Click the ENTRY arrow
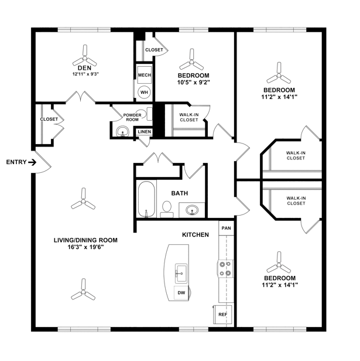(x=32, y=162)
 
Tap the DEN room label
(x=84, y=68)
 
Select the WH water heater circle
(x=144, y=93)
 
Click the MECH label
(x=145, y=75)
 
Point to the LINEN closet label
(x=145, y=132)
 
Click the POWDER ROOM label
(x=132, y=117)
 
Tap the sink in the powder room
(x=122, y=132)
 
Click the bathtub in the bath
(x=146, y=199)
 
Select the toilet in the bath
(x=167, y=210)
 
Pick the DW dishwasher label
(x=181, y=293)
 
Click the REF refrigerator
(x=222, y=315)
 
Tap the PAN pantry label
(x=226, y=228)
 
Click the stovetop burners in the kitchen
(x=225, y=269)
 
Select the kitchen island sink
(x=181, y=274)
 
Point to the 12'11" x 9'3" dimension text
(x=85, y=74)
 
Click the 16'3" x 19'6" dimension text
(x=85, y=247)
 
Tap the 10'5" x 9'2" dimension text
(x=194, y=82)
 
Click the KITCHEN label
(x=196, y=235)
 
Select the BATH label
(x=180, y=193)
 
